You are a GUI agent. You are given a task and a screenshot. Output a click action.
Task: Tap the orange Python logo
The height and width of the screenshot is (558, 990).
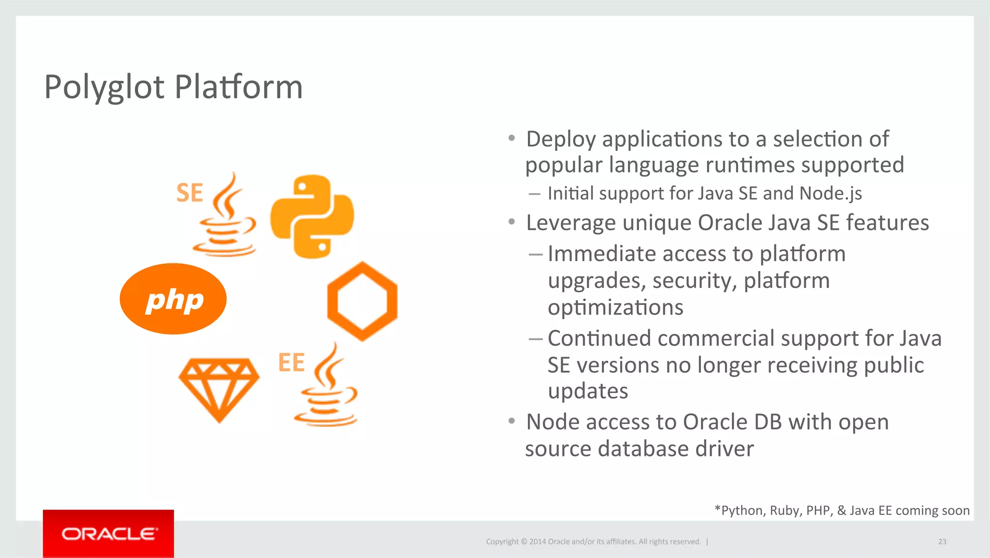point(312,216)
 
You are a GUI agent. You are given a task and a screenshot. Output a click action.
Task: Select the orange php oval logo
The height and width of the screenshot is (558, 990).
point(173,299)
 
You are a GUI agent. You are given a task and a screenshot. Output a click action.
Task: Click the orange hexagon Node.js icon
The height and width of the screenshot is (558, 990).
point(362,301)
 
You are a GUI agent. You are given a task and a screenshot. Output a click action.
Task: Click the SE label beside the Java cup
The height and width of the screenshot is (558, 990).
point(189,193)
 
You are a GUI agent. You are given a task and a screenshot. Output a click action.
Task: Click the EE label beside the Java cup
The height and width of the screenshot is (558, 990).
point(291,363)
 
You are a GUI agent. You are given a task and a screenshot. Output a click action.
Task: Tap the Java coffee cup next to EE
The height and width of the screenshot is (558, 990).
point(328,387)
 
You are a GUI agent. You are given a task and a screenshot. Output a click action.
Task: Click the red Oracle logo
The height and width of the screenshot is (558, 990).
point(108,533)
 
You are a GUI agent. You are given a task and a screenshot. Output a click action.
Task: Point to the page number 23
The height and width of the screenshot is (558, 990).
point(942,542)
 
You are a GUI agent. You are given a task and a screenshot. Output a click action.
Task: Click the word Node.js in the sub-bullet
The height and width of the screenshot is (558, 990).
point(830,194)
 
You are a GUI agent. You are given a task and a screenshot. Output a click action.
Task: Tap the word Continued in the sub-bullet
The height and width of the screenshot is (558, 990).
point(599,338)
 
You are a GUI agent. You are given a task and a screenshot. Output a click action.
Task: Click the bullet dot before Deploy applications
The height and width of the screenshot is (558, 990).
point(511,138)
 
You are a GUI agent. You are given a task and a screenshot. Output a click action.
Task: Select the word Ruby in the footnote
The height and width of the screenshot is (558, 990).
point(784,511)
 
